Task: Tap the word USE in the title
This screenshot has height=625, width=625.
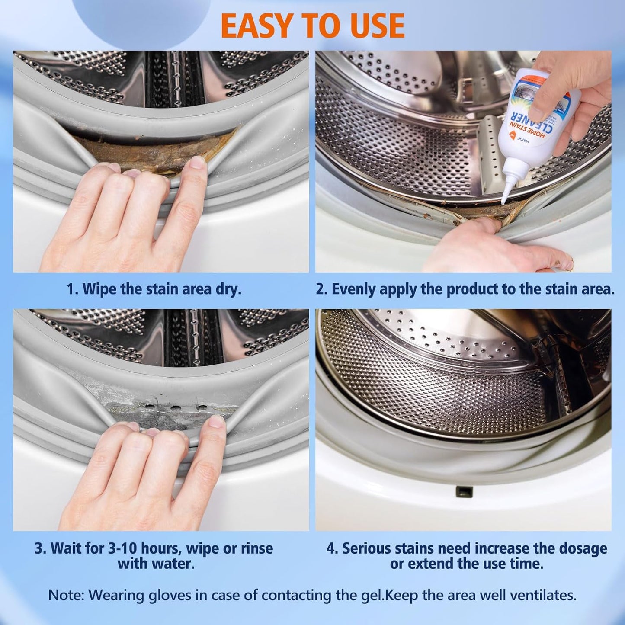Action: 372,26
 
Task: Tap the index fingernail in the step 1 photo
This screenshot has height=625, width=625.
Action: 198,163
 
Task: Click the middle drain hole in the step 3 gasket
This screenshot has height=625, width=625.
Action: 176,407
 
